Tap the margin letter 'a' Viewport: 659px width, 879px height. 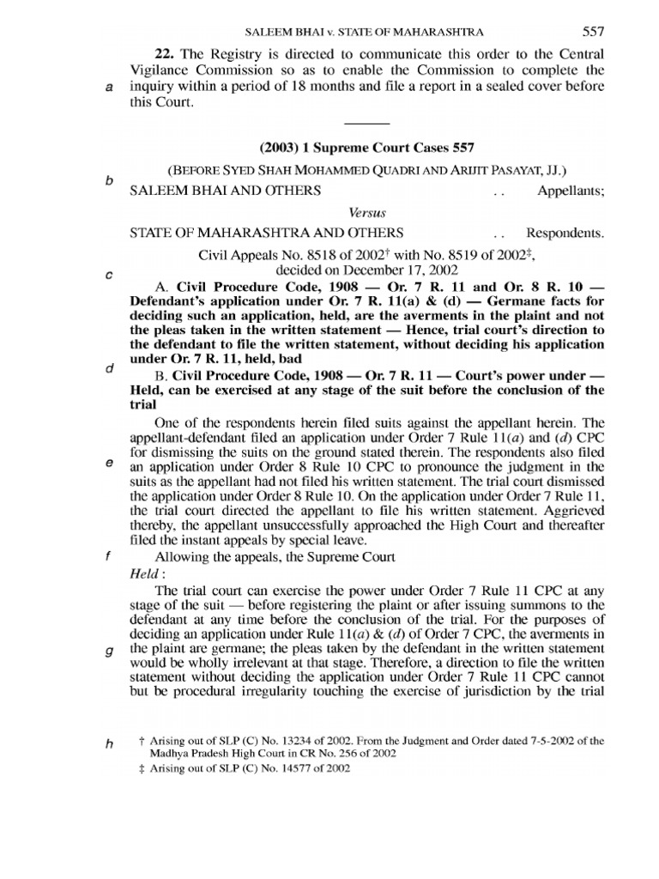click(x=109, y=88)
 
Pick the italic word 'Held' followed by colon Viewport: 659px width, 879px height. click(x=143, y=572)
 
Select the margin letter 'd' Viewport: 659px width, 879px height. click(x=109, y=369)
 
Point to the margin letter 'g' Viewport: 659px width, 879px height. click(x=109, y=650)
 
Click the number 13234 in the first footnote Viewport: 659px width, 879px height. click(x=288, y=740)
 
